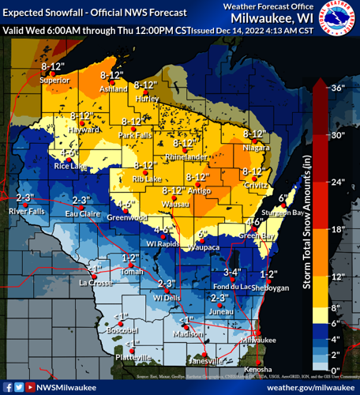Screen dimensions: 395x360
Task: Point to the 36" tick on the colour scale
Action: [x=337, y=88]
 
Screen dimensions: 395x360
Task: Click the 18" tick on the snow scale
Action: [x=337, y=229]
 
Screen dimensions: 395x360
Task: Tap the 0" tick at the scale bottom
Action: [x=336, y=370]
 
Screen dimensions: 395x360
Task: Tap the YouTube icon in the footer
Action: [x=30, y=387]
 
